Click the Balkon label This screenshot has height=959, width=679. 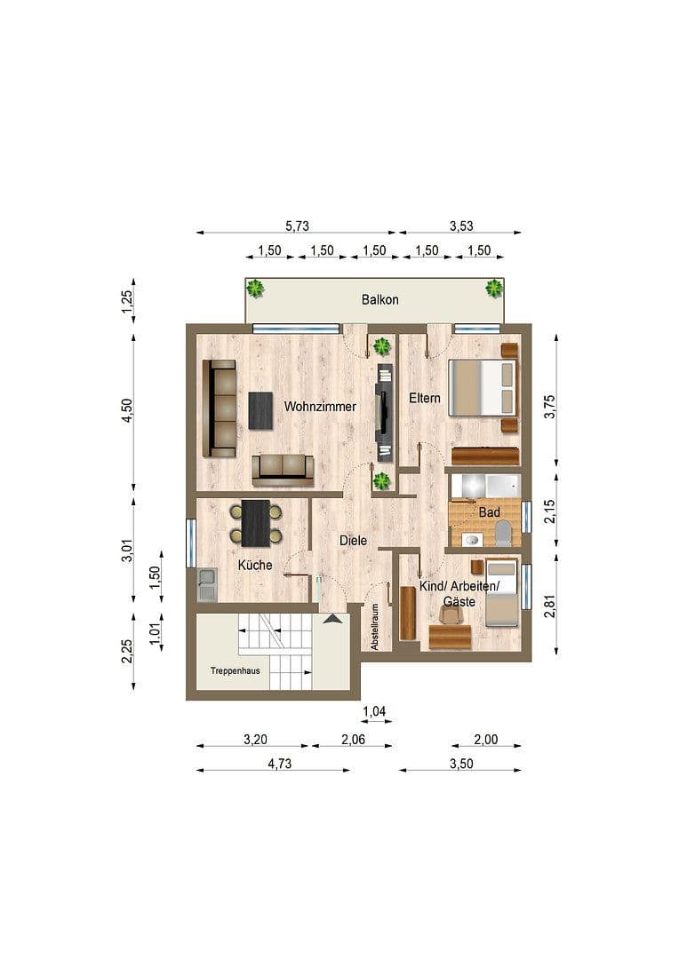click(379, 299)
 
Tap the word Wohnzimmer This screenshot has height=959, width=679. click(320, 407)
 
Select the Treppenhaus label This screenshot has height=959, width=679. click(235, 671)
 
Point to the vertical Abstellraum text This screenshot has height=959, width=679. click(376, 627)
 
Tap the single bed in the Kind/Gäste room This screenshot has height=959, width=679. click(501, 593)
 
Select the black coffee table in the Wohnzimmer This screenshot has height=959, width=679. click(261, 410)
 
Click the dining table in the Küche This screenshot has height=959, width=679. click(256, 523)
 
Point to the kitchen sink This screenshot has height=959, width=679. click(206, 585)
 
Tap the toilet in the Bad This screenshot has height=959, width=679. click(503, 534)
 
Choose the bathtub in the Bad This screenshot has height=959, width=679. click(485, 486)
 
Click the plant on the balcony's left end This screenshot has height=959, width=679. click(255, 289)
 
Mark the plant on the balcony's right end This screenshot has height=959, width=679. click(493, 288)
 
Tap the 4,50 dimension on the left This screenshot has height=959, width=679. click(127, 410)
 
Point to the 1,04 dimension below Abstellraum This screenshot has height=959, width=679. click(375, 710)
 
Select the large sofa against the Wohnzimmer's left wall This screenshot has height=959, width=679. click(219, 408)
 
